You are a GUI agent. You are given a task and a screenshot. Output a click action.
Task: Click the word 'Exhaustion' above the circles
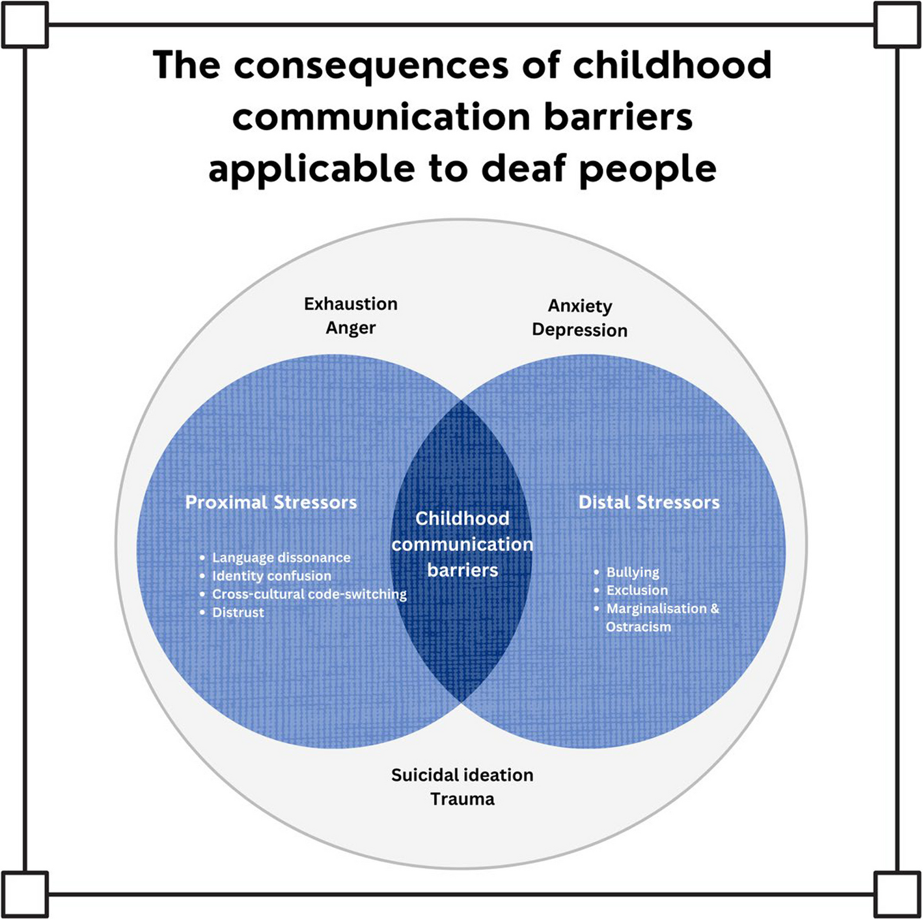[351, 304]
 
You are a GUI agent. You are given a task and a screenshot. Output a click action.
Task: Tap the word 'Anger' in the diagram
[351, 329]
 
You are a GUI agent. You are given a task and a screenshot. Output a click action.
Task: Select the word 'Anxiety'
[579, 306]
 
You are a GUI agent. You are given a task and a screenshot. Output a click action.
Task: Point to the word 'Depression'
[579, 331]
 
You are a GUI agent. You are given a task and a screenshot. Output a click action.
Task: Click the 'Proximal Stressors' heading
[271, 502]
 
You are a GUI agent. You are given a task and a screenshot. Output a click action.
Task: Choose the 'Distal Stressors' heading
[649, 502]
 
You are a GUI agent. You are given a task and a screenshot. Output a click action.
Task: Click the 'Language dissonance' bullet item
[281, 558]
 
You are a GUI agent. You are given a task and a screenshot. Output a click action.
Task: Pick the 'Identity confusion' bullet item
[271, 576]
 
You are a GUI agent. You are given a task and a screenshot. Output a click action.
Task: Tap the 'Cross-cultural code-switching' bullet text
[309, 594]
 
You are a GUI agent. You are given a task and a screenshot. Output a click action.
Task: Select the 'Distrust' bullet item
[238, 612]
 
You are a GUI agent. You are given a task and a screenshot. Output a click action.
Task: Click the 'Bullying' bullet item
[633, 573]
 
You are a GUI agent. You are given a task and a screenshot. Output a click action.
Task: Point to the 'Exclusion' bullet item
[637, 591]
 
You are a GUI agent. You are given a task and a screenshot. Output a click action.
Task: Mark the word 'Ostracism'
[639, 627]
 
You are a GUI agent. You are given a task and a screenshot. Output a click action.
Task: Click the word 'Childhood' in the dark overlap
[462, 518]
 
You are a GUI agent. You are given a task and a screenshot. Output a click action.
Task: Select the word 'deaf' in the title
[524, 169]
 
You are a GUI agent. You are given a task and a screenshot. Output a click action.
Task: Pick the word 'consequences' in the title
[371, 66]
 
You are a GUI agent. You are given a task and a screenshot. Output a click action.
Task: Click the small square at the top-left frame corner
[25, 25]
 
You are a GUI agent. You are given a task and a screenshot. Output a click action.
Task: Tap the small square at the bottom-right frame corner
[897, 895]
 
